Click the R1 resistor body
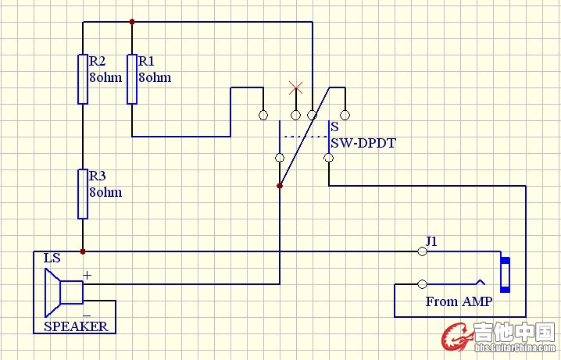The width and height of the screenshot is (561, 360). point(131,79)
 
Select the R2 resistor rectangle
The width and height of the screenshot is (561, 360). point(82,79)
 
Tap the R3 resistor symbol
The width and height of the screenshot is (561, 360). point(82,194)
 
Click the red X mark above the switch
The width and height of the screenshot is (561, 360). point(295,87)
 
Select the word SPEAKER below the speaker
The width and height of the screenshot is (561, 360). point(76,326)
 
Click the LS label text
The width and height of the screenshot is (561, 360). point(52,258)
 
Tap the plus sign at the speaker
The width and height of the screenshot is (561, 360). point(87,275)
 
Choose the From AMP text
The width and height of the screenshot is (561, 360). point(459,301)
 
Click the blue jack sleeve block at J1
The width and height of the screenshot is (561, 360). point(506,273)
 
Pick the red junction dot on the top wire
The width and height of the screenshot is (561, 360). point(132,22)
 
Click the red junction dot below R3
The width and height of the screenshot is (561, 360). point(82,251)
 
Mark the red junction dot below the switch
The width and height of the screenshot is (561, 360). point(280,186)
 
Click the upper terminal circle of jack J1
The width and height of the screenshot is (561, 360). point(423,251)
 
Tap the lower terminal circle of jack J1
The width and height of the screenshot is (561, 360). point(423,283)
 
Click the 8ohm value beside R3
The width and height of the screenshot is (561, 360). point(105,192)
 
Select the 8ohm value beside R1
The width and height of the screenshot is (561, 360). point(154,78)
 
